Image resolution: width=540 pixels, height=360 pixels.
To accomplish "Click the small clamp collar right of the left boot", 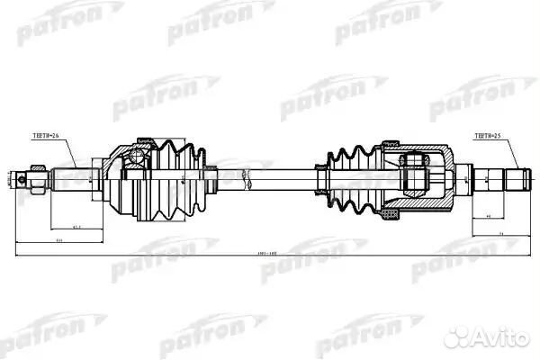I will (209, 177).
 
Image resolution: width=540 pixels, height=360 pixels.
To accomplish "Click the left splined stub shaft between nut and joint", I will (72, 177).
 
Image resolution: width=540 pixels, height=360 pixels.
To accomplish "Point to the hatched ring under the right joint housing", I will (390, 212).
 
